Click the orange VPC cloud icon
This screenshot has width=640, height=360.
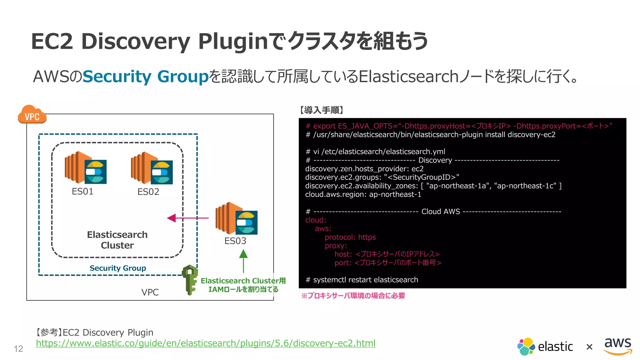(32, 115)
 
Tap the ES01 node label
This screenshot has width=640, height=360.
(82, 191)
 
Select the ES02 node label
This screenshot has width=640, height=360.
(148, 192)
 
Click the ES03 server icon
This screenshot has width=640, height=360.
(236, 219)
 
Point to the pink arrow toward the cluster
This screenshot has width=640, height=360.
(187, 218)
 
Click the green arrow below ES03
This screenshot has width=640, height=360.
(243, 261)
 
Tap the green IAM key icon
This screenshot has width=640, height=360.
(190, 280)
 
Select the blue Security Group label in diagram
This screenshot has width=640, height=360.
(117, 268)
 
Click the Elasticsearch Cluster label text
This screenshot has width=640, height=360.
(117, 240)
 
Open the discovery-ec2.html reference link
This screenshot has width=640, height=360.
(206, 343)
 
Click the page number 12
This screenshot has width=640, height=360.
(18, 348)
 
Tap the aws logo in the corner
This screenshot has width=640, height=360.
(618, 346)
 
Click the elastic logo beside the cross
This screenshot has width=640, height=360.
(545, 346)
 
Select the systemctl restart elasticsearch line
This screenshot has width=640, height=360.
(362, 280)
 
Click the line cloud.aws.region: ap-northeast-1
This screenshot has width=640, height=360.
(363, 194)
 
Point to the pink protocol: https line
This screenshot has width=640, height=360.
(350, 237)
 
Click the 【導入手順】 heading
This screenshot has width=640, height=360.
(322, 110)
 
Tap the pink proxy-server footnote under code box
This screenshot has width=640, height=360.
(353, 296)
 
